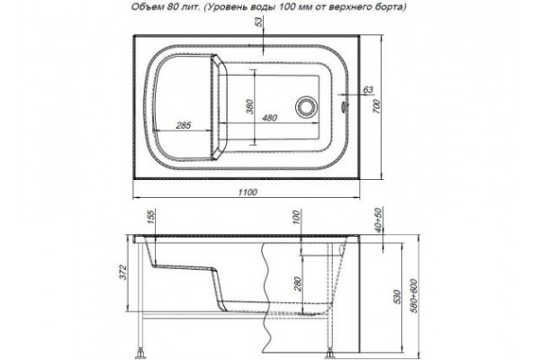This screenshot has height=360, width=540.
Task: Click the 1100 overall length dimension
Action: pos(247,192)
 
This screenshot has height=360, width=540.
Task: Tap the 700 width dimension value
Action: pos(376,106)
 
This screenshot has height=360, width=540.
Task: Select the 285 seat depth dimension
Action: pos(184,125)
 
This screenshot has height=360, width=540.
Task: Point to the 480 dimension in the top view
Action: pos(269,118)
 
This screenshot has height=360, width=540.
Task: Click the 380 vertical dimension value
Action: pos(250,106)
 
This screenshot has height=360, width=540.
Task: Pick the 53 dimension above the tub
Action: pos(258,22)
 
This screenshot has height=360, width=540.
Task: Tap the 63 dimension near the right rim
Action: pos(368,90)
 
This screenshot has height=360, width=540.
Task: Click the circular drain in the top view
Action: pos(305,105)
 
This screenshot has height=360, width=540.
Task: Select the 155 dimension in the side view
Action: pos(152,218)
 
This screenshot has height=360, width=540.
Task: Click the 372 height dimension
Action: pos(124,272)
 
